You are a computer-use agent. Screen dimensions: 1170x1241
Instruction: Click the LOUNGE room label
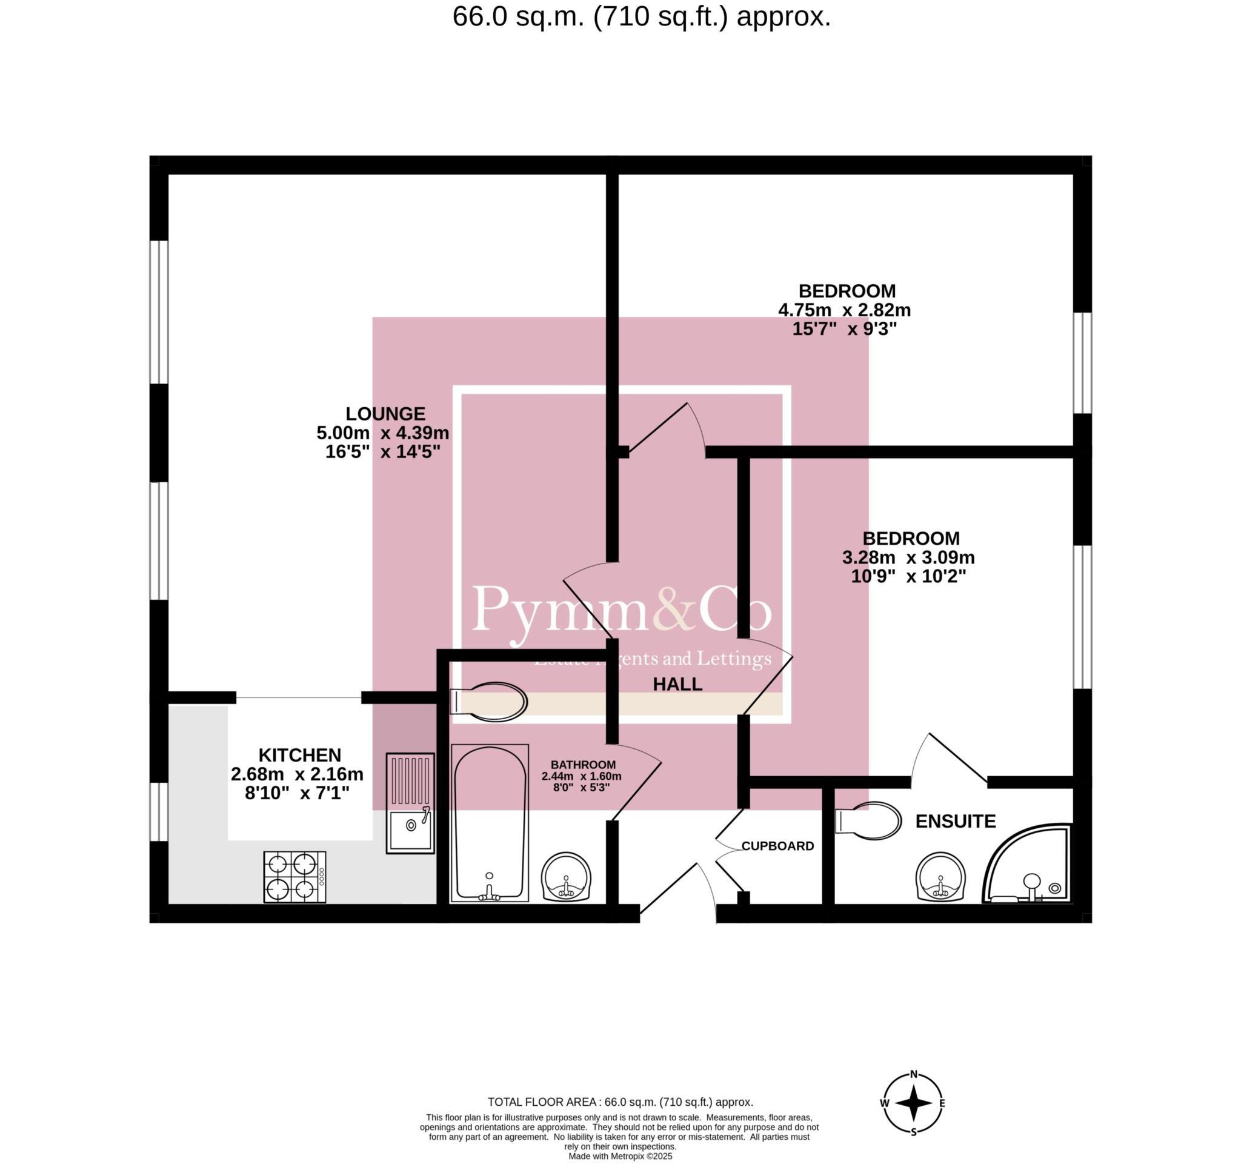(x=385, y=414)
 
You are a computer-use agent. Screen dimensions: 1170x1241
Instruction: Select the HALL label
(x=677, y=684)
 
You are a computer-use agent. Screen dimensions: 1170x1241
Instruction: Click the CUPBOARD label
(x=777, y=846)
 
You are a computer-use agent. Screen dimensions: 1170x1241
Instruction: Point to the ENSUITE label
(x=955, y=822)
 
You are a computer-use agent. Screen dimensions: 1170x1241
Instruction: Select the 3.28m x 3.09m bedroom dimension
(x=908, y=557)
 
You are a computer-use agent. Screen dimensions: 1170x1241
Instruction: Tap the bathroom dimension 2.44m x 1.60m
(x=581, y=777)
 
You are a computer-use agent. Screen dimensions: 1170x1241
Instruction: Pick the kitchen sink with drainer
(x=410, y=803)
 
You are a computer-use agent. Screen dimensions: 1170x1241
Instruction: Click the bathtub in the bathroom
(x=490, y=823)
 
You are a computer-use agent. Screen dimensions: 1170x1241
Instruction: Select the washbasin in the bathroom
(x=565, y=877)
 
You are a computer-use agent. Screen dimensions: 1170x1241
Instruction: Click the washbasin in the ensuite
(x=940, y=878)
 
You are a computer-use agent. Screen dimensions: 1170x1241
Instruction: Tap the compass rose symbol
(x=913, y=1103)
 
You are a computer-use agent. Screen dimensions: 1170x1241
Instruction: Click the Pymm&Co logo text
(x=622, y=610)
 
